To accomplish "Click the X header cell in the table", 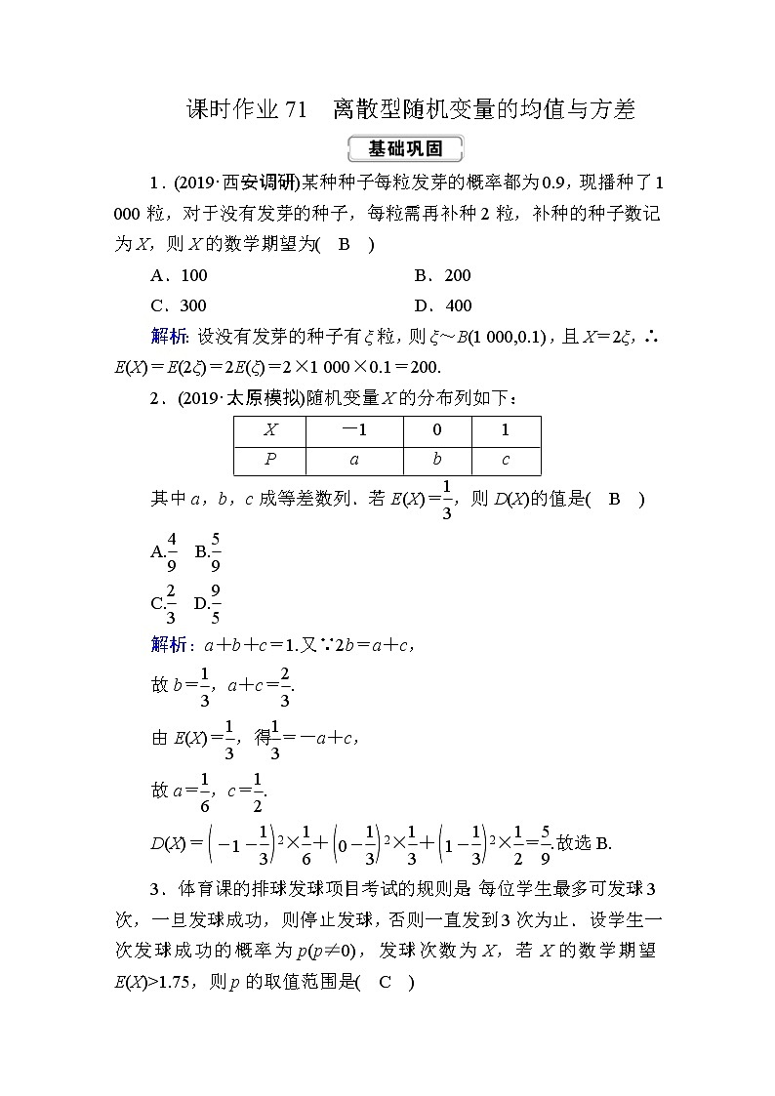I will [270, 430].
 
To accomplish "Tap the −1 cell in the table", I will [353, 430].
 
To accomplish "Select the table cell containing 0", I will [436, 430].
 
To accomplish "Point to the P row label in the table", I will [270, 460].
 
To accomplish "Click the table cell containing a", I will [353, 460].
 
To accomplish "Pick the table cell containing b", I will [436, 460].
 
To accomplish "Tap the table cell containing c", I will [505, 460].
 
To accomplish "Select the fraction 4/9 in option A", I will [171, 550].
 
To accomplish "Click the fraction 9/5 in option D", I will [216, 602].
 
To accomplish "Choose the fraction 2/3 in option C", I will [171, 602].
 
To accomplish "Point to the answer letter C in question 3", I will [385, 983].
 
